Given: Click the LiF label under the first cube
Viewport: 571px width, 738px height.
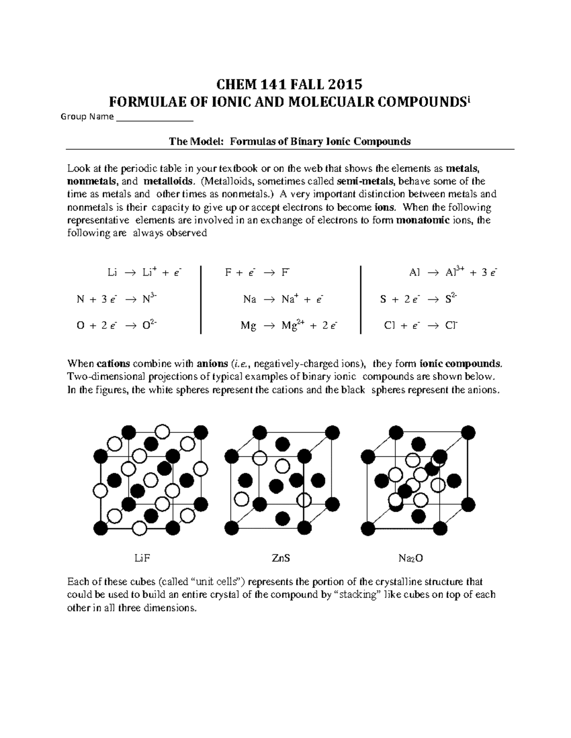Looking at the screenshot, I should pyautogui.click(x=139, y=558).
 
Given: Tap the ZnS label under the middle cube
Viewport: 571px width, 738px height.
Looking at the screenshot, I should pyautogui.click(x=281, y=558).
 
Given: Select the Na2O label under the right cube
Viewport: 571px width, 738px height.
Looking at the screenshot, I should pyautogui.click(x=411, y=558).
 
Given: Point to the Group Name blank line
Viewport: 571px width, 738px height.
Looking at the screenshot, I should pyautogui.click(x=154, y=117).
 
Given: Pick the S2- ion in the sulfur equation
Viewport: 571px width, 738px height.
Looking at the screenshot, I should pyautogui.click(x=451, y=299).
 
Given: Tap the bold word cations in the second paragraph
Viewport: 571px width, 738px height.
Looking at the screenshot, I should pyautogui.click(x=113, y=364).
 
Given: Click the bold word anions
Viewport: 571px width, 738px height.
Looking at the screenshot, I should pyautogui.click(x=212, y=364).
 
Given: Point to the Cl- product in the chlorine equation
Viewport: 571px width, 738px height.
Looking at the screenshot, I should pyautogui.click(x=451, y=326).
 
